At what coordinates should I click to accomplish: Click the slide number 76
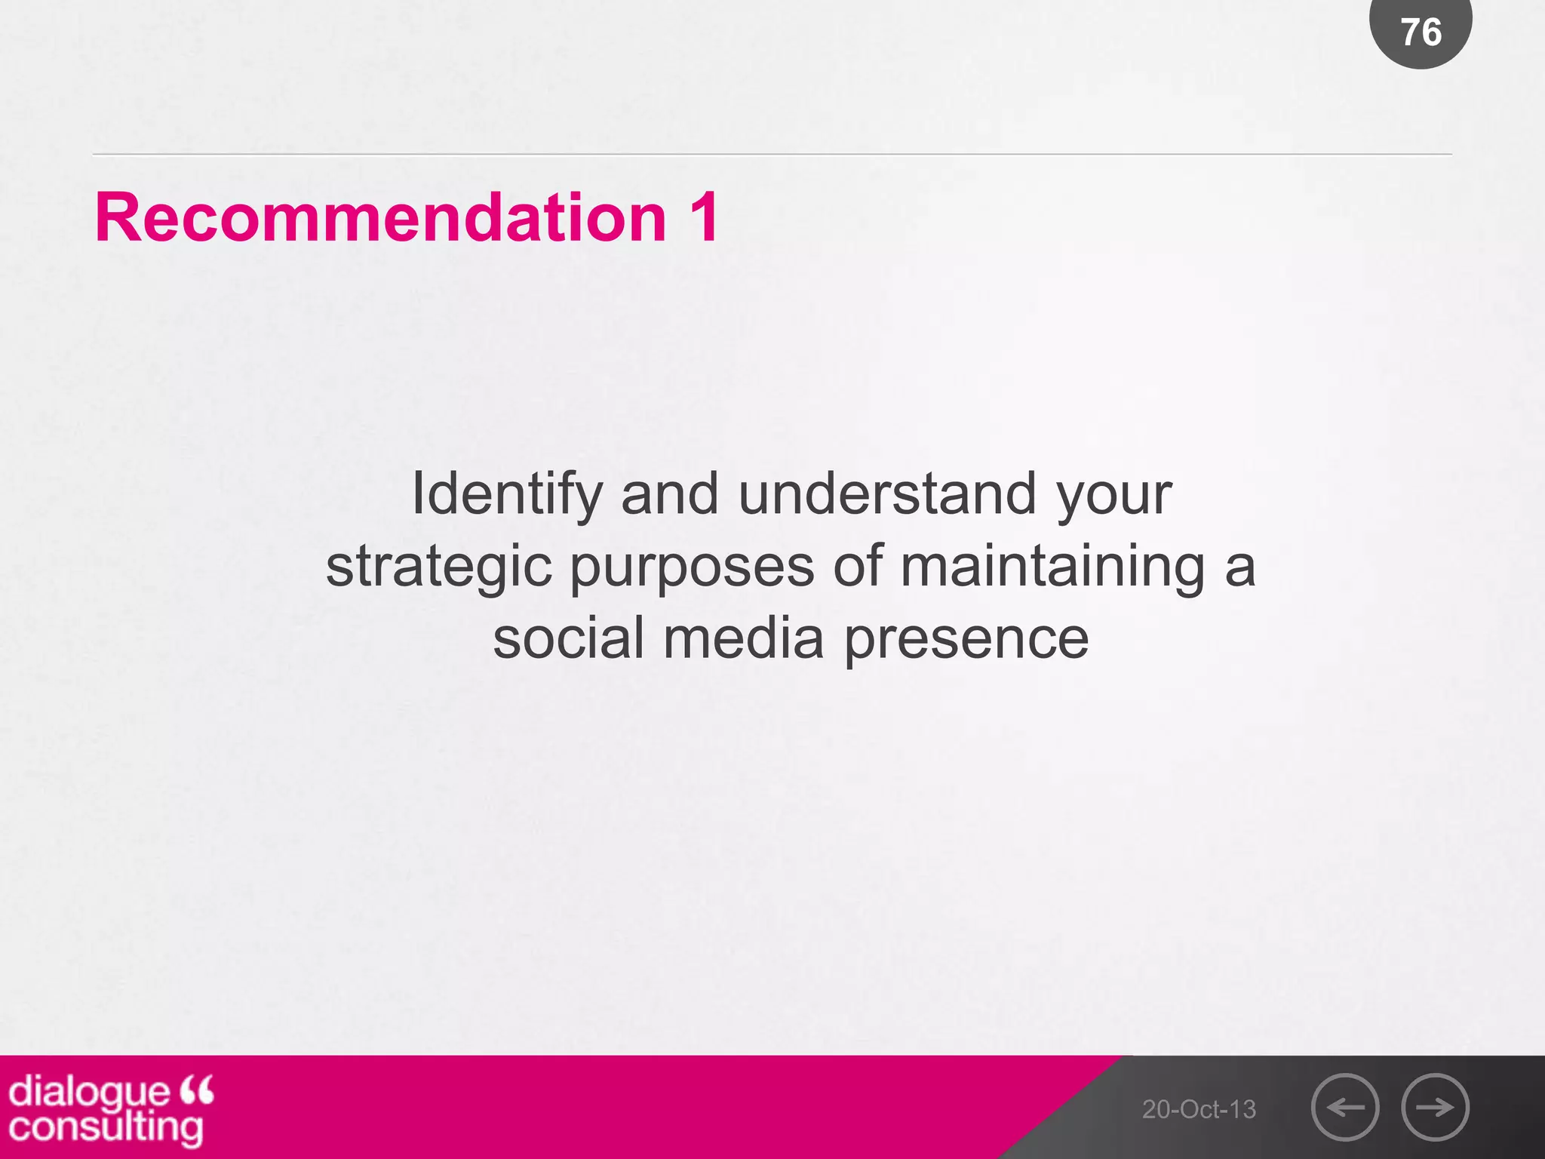1421,32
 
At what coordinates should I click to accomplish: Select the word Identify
506,495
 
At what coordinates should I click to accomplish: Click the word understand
887,493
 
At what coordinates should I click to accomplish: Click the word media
743,638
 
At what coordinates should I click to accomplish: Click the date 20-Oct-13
1199,1109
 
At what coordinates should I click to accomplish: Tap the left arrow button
1345,1107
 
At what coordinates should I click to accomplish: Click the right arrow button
1435,1107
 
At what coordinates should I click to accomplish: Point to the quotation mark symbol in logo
197,1090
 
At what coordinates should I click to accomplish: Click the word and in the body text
669,493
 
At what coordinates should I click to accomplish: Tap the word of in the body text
857,566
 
